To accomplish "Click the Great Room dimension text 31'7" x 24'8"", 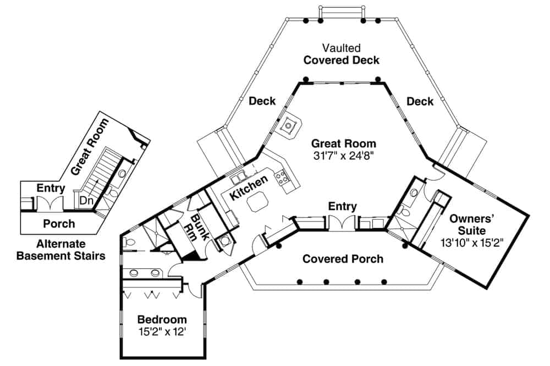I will click(x=344, y=156).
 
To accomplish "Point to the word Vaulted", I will click(x=342, y=48).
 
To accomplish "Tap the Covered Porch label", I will click(x=343, y=258).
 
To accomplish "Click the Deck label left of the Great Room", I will click(x=262, y=101).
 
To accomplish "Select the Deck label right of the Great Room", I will click(x=420, y=102).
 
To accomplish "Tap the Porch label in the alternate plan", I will click(x=59, y=224).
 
